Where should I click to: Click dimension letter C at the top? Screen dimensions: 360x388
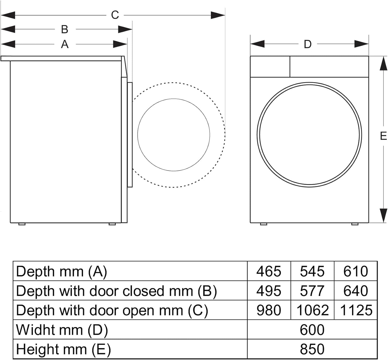pos(115,15)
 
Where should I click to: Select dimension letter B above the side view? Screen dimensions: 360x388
pos(64,29)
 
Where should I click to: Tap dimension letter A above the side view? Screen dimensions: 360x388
pos(64,44)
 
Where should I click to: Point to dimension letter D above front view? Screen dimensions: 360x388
pos(307,44)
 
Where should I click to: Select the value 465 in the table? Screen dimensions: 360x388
pos(269,271)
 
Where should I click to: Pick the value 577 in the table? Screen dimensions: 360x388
pos(312,291)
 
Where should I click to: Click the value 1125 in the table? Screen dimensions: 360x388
pos(356,310)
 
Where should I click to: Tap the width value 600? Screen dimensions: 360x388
pos(312,330)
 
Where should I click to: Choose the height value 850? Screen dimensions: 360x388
pos(312,349)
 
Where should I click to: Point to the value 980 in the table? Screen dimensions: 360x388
pos(269,310)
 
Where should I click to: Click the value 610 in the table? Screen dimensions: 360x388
pos(356,271)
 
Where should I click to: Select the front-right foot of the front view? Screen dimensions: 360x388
pos(355,224)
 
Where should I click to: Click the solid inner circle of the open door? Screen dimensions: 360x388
pos(174,135)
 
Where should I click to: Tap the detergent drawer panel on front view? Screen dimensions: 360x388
pos(270,67)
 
